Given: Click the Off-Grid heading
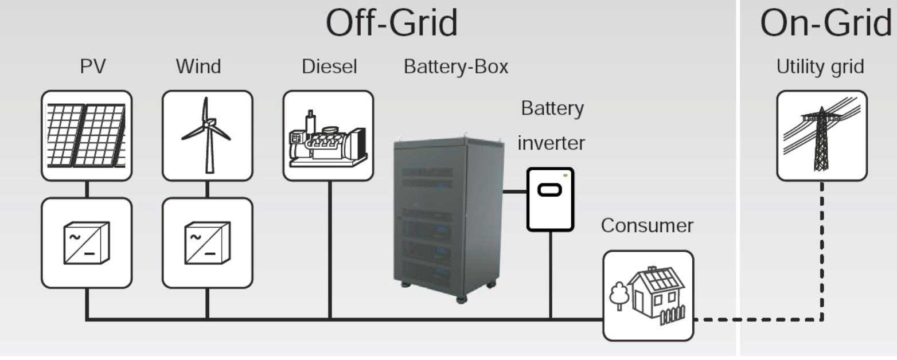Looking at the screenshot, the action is tap(392, 23).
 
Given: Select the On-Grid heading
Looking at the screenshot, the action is tap(826, 23).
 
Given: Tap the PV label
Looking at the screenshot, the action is tap(92, 66).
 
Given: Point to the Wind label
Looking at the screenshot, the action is tap(198, 66).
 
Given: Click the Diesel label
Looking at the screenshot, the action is tap(329, 66).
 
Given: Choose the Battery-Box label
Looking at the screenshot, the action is tap(456, 67).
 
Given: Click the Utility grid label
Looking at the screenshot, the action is tap(820, 67).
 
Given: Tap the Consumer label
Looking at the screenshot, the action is tap(647, 225).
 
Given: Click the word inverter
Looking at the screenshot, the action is tap(551, 143).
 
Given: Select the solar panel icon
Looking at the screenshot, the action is tap(86, 135).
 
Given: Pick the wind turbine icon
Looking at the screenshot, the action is tap(207, 135).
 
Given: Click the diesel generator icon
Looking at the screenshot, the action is tap(328, 139).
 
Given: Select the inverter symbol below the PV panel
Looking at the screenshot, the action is tap(87, 242).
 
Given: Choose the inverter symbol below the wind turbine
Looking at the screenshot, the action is tap(208, 242).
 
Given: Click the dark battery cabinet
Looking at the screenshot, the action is tap(448, 218).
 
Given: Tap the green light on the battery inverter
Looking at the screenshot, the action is tap(565, 175).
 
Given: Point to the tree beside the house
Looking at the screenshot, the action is tap(619, 296).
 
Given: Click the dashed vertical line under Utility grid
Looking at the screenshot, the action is tap(822, 251).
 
